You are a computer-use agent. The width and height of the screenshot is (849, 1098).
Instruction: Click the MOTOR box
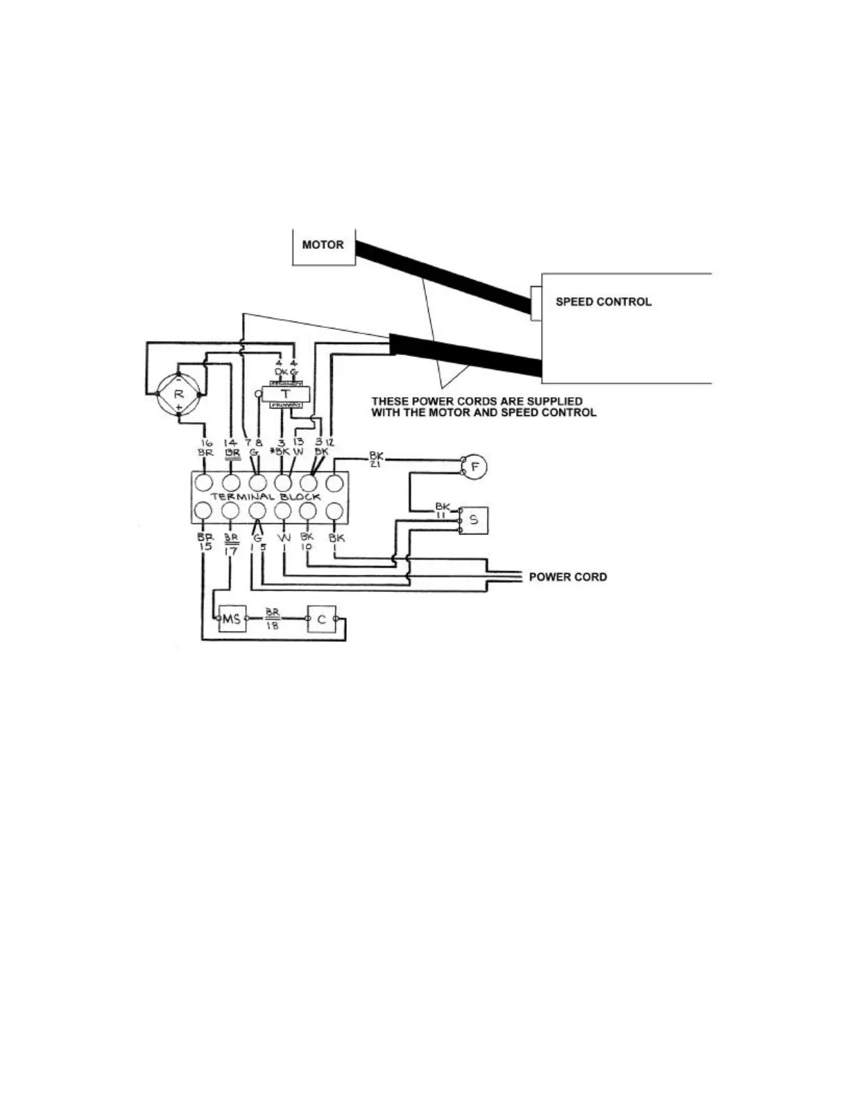pyautogui.click(x=323, y=246)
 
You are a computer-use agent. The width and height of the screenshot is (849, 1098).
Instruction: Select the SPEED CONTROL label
pyautogui.click(x=603, y=302)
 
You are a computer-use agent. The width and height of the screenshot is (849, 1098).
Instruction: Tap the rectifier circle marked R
pyautogui.click(x=178, y=394)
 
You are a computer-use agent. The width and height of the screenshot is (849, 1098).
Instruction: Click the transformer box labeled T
pyautogui.click(x=285, y=393)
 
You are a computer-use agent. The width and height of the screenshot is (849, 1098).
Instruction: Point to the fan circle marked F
pyautogui.click(x=475, y=467)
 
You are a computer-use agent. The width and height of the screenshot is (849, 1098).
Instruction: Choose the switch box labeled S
pyautogui.click(x=474, y=520)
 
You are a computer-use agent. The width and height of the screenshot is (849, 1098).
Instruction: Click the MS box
pyautogui.click(x=232, y=618)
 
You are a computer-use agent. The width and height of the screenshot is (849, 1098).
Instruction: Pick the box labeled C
pyautogui.click(x=322, y=618)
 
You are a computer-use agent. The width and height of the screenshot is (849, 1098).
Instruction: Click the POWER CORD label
pyautogui.click(x=567, y=577)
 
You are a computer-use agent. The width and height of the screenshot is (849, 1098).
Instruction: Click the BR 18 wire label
pyautogui.click(x=272, y=619)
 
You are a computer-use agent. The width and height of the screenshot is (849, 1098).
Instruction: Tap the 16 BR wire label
pyautogui.click(x=205, y=447)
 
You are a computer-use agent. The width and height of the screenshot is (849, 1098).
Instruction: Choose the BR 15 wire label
pyautogui.click(x=205, y=541)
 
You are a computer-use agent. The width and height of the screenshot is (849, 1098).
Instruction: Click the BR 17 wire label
pyautogui.click(x=231, y=543)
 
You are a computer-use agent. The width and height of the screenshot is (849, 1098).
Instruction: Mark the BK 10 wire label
pyautogui.click(x=307, y=541)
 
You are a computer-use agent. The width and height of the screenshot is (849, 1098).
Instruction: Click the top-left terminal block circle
pyautogui.click(x=205, y=482)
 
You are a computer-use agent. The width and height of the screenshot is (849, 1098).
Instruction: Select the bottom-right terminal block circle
pyautogui.click(x=335, y=512)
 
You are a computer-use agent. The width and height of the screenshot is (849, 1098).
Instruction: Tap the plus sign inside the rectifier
pyautogui.click(x=178, y=409)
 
